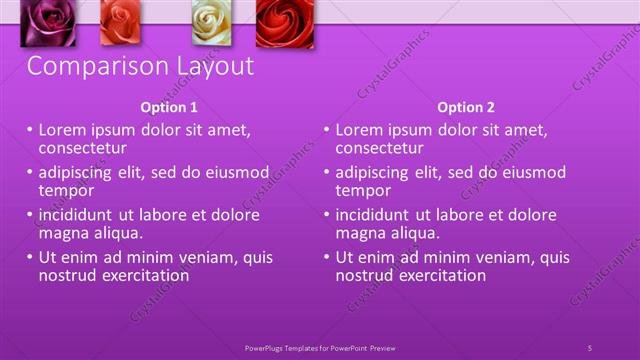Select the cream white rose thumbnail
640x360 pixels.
(211, 23)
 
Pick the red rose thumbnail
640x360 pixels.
(284, 23)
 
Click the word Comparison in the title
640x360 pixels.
(90, 67)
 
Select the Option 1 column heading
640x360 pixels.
(170, 107)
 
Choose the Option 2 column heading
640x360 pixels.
(466, 107)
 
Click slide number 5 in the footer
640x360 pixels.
(589, 347)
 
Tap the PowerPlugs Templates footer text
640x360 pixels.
(320, 347)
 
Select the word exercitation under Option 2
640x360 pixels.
(437, 275)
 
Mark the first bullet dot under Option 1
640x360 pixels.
(30, 130)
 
